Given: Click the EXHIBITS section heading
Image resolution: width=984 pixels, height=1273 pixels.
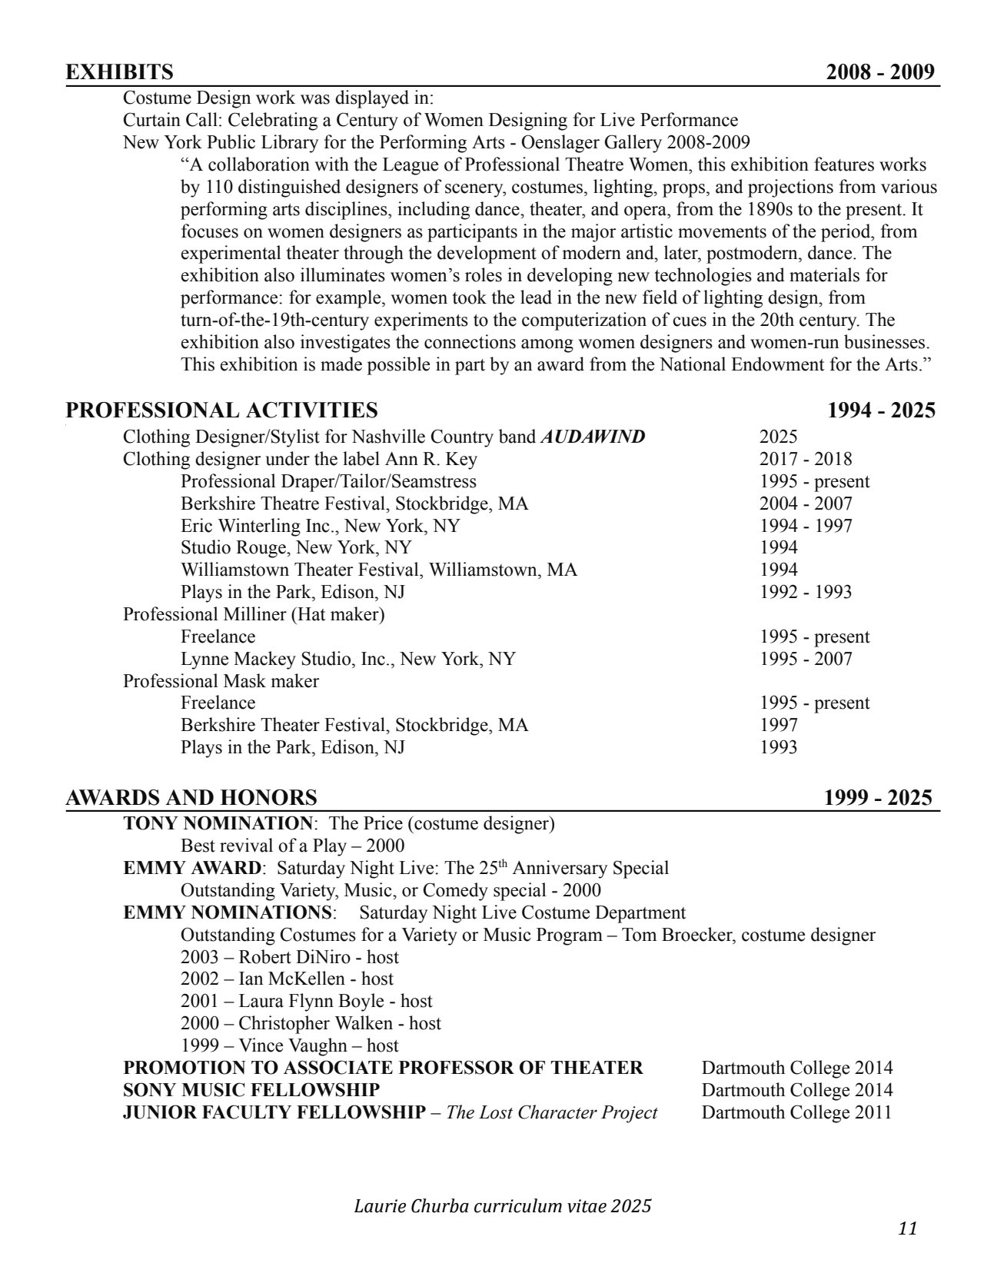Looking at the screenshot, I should click(x=119, y=72).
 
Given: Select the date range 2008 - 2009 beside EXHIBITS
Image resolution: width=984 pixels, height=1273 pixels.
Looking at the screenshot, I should click(x=880, y=72).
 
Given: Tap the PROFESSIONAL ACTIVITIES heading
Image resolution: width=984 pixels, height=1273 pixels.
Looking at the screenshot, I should click(x=221, y=410).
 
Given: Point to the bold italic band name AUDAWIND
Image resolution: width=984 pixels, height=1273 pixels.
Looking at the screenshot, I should click(x=593, y=437).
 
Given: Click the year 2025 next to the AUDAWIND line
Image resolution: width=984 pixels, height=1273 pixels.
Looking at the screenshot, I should click(x=778, y=437).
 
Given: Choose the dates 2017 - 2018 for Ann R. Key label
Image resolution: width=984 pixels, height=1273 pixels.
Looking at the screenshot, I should click(x=806, y=459).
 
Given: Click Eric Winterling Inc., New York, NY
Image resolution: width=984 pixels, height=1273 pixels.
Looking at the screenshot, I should click(x=320, y=526).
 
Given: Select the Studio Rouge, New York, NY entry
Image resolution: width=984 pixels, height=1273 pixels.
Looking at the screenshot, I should click(x=296, y=547).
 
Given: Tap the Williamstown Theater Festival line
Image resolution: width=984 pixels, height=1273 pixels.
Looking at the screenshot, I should click(x=379, y=570).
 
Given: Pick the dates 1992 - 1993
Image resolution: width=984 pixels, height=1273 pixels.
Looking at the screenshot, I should click(x=806, y=592).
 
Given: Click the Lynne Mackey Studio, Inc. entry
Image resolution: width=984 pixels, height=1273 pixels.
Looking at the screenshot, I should click(x=348, y=659).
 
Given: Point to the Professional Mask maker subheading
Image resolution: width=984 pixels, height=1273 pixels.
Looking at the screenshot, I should click(x=221, y=681).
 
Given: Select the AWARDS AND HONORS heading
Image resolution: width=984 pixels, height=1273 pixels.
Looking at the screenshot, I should click(x=191, y=797).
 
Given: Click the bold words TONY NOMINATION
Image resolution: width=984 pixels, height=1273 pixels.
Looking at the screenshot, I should click(x=218, y=823).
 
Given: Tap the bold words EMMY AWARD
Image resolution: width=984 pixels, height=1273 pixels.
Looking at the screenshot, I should click(x=192, y=868).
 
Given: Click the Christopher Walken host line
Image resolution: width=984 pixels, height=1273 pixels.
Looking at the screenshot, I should click(x=311, y=1023).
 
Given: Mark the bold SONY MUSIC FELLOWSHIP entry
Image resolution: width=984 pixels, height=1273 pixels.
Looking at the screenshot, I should click(x=251, y=1090).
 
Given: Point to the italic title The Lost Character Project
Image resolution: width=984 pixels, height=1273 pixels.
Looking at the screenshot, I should click(x=551, y=1112).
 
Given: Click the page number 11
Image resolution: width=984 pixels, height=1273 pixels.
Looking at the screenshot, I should click(x=907, y=1228).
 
